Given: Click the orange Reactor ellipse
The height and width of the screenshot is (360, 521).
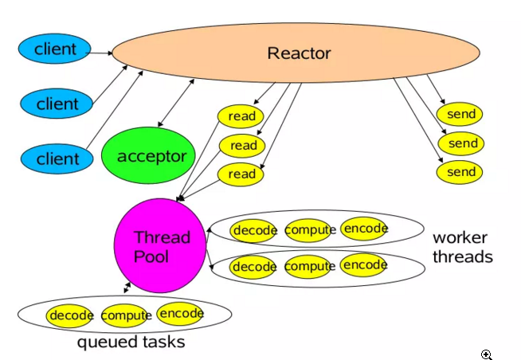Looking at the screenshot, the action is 296,53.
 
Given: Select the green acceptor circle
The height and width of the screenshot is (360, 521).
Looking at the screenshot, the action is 148,155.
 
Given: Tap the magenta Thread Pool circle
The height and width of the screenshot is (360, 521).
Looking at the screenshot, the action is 160,246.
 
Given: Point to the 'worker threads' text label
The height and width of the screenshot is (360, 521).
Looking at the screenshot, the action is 463,247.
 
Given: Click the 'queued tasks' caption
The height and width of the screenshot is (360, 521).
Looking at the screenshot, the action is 131,342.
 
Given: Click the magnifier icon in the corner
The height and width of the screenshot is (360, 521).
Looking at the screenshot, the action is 487,354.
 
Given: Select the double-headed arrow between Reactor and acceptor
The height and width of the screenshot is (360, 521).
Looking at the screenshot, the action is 176,103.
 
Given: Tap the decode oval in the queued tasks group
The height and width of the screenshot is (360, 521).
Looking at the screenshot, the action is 69,315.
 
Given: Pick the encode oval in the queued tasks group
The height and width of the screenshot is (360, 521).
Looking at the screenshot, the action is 180,314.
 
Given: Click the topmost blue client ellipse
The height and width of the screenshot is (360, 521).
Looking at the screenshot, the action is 54,49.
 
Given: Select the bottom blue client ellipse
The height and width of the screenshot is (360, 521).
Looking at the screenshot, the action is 57,158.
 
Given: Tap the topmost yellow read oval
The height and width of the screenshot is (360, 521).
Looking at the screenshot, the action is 241,116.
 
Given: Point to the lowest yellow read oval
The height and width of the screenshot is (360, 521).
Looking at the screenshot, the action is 241,174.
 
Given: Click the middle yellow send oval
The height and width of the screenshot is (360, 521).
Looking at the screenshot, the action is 461,143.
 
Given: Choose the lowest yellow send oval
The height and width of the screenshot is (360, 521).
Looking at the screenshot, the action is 460,172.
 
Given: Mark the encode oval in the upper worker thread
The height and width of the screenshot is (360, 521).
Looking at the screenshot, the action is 364,229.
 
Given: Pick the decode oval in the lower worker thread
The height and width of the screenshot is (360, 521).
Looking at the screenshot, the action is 253,267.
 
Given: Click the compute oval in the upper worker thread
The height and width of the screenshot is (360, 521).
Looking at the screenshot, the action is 309,230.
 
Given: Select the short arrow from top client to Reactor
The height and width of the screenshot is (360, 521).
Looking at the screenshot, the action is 100,53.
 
